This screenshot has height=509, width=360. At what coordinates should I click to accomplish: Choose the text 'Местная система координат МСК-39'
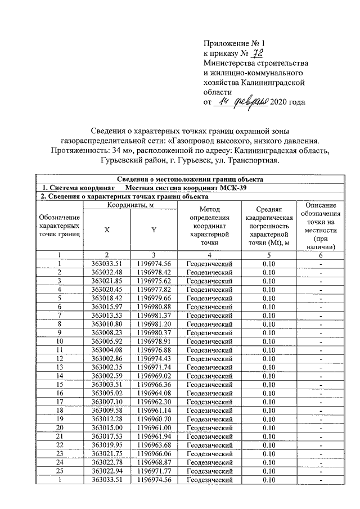pyautogui.click(x=186, y=187)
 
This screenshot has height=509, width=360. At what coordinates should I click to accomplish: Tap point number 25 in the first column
pyautogui.click(x=59, y=471)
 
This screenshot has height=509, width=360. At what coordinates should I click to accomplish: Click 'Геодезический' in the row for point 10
pyautogui.click(x=209, y=341)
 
